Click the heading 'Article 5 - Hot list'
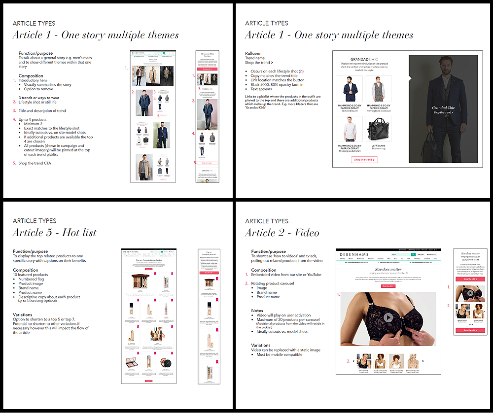[x=54, y=233]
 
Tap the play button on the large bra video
[x=388, y=317]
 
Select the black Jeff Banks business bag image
[x=379, y=130]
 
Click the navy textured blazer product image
[x=350, y=89]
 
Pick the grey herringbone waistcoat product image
[x=379, y=89]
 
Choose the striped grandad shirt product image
[x=350, y=130]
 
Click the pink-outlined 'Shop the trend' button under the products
[x=364, y=160]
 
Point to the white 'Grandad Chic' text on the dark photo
[x=443, y=107]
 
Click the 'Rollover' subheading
[x=253, y=53]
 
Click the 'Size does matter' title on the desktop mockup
[x=388, y=270]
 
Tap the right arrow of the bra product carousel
[x=423, y=361]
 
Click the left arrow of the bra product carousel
[x=354, y=361]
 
